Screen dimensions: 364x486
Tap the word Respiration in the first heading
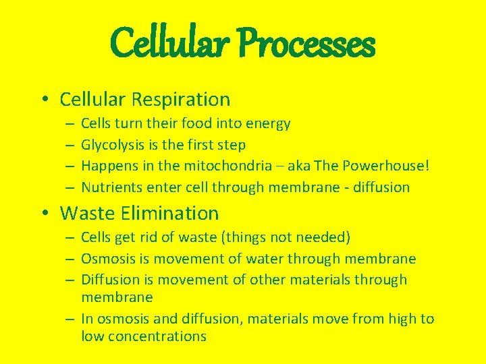(181, 100)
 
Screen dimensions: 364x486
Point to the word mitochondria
(223, 166)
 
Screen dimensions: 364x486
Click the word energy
(268, 124)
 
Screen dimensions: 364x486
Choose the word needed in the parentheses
(325, 237)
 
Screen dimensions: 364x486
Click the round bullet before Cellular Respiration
(43, 100)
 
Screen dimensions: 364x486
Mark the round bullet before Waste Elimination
(43, 214)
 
